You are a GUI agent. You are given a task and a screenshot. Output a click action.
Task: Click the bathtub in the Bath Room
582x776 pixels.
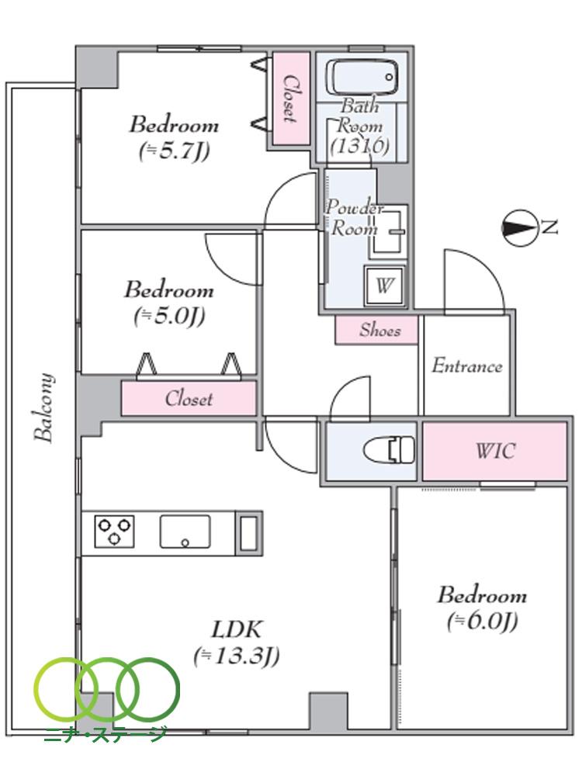pyautogui.click(x=363, y=78)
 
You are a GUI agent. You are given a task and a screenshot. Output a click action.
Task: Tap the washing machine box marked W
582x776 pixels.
pyautogui.click(x=383, y=285)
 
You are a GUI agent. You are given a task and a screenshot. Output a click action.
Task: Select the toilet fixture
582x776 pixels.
pyautogui.click(x=390, y=450)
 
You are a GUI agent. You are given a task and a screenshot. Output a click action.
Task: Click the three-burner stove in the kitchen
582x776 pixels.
pyautogui.click(x=114, y=532)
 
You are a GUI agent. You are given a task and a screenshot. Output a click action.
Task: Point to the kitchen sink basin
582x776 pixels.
pyautogui.click(x=185, y=532)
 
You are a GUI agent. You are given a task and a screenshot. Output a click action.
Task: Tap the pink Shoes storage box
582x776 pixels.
pyautogui.click(x=378, y=330)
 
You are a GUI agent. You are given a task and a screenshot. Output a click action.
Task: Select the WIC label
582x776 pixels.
pyautogui.click(x=494, y=450)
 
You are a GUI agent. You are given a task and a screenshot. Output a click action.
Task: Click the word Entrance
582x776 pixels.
pyautogui.click(x=466, y=365)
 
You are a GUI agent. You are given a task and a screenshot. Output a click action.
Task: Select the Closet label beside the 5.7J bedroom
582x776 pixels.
pyautogui.click(x=290, y=99)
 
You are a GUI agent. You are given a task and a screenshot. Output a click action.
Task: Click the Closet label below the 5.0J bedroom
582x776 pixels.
pyautogui.click(x=188, y=399)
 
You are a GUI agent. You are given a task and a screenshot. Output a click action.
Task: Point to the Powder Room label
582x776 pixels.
pyautogui.click(x=354, y=218)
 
